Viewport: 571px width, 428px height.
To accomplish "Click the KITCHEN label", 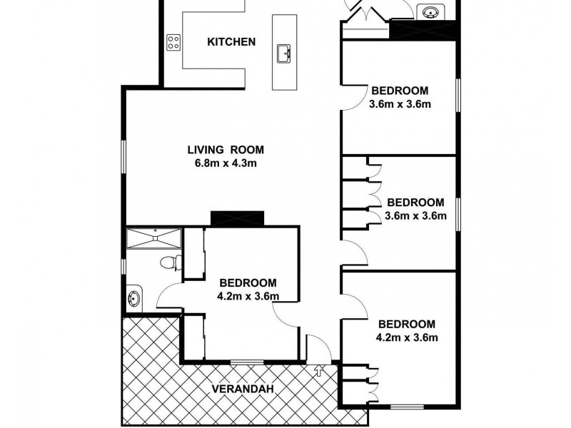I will pos(231,41).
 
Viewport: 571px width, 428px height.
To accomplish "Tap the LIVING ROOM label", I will pos(226,150).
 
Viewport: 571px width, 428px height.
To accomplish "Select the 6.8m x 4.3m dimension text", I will pos(226,163).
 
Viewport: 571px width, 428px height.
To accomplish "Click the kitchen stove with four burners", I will pos(173,42).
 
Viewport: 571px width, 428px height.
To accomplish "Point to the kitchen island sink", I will pos(284,53).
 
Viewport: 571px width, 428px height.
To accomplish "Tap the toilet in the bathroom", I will pos(168,263).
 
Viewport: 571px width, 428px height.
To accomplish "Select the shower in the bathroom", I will pos(153,238).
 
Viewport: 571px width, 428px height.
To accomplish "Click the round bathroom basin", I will pos(133,297).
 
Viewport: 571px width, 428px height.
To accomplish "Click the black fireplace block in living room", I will pos(238,218).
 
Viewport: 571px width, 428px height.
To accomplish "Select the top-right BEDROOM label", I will pos(399,91).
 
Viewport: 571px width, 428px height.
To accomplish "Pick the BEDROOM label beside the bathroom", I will pos(248,282).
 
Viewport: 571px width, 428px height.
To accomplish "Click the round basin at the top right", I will pos(430,13).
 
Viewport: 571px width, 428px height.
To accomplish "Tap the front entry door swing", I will pos(318,348).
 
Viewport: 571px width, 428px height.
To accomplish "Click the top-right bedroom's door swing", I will pos(350,96).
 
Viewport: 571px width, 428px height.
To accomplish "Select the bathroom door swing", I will pos(168,294).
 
